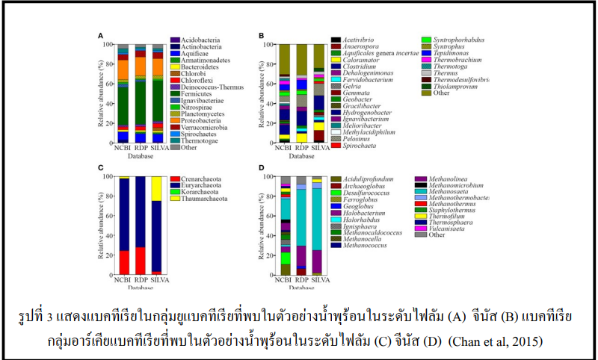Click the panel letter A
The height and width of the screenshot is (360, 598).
point(100,34)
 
